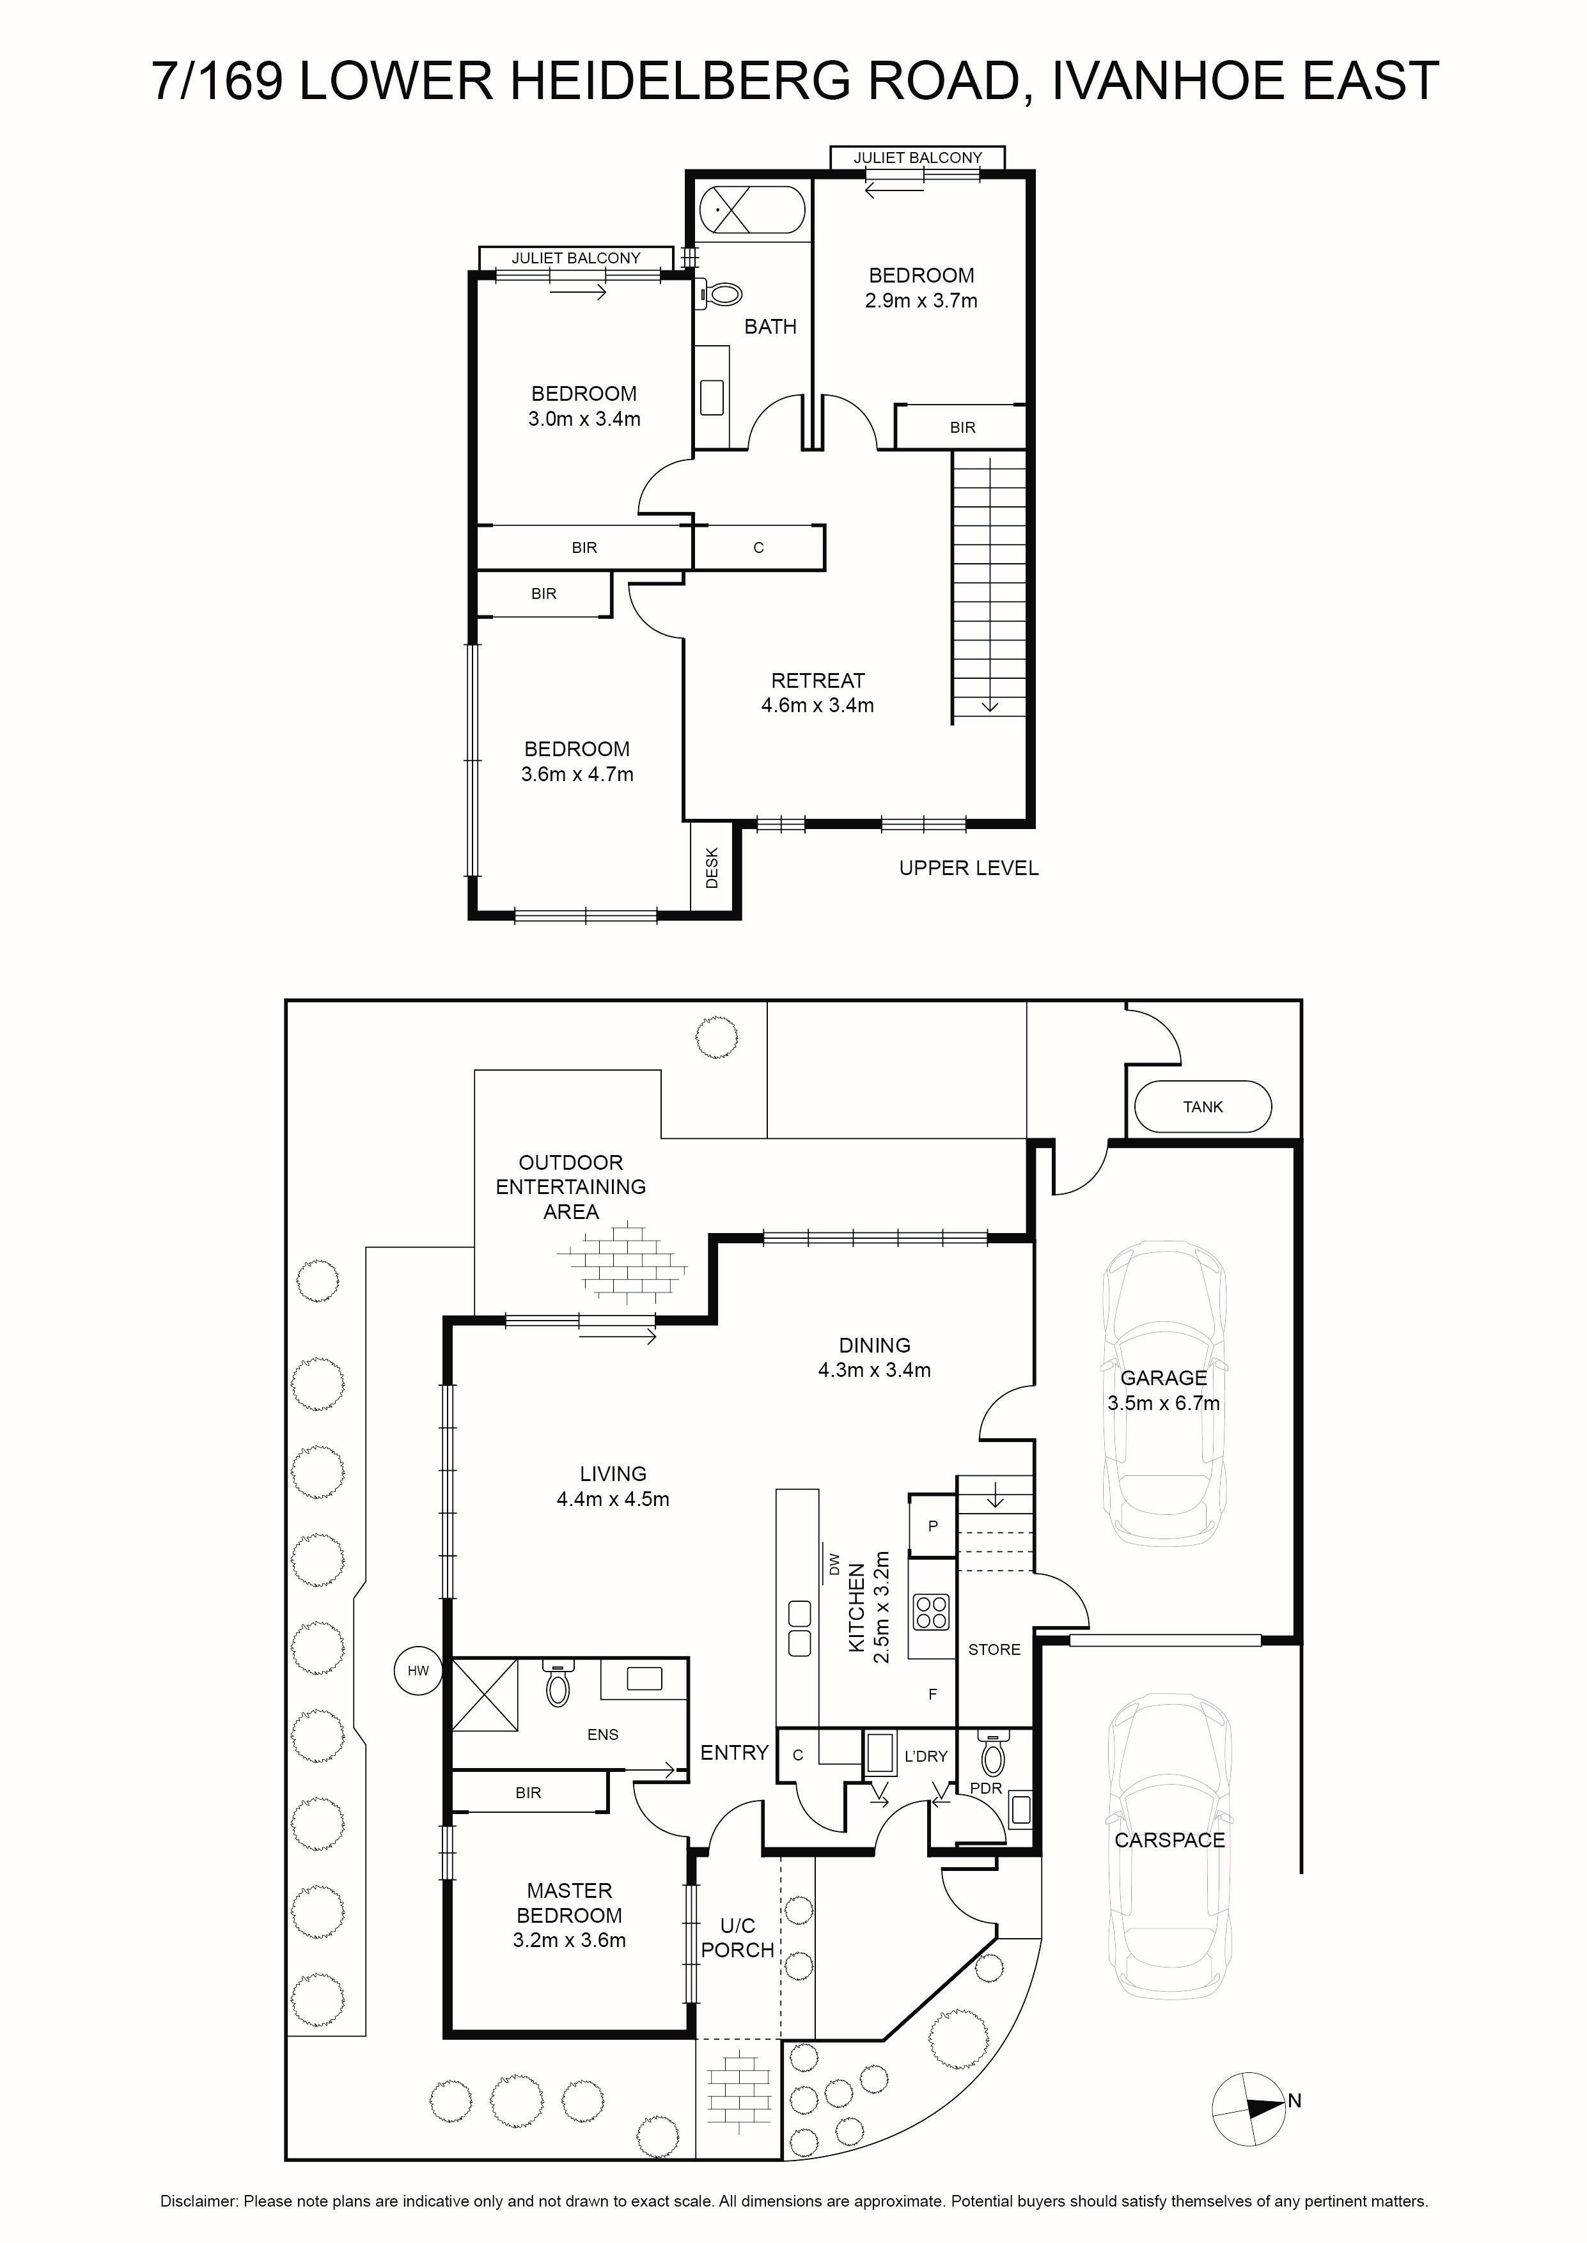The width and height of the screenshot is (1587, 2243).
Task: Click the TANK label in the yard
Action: [1202, 1107]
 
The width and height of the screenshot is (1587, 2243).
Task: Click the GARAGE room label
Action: [1163, 1378]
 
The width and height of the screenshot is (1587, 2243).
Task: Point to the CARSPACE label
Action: [1169, 1840]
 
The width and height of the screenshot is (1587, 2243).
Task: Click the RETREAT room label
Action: [818, 680]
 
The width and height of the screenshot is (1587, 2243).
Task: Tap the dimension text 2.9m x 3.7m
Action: [921, 301]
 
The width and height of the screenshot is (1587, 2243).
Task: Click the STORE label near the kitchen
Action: [994, 1649]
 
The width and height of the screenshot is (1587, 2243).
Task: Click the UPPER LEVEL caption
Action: [969, 867]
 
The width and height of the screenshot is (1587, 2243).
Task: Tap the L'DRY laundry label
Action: [925, 1755]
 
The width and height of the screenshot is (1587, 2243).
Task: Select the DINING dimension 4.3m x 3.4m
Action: [875, 1370]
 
